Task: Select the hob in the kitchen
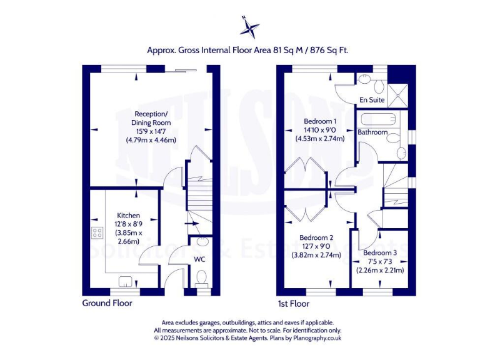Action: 97,233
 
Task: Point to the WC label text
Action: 200,258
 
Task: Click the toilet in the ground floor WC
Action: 202,277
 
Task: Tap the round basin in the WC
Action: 202,242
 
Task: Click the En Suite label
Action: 372,99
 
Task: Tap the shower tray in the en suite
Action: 397,94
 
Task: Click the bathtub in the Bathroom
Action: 377,119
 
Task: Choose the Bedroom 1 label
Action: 320,121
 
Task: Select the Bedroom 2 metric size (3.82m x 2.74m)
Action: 317,254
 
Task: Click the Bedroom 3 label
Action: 380,253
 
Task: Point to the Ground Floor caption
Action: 107,303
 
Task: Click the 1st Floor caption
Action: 293,304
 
